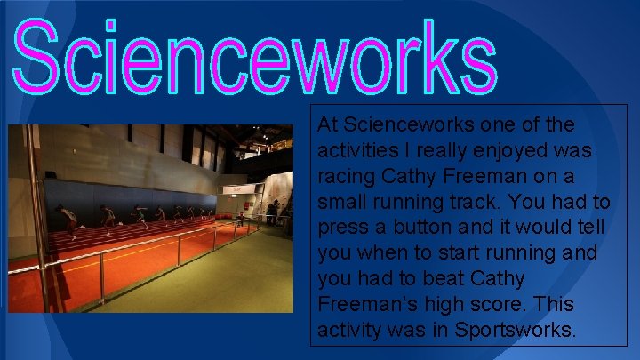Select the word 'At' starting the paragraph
tap(327, 124)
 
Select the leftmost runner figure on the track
tap(67, 219)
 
